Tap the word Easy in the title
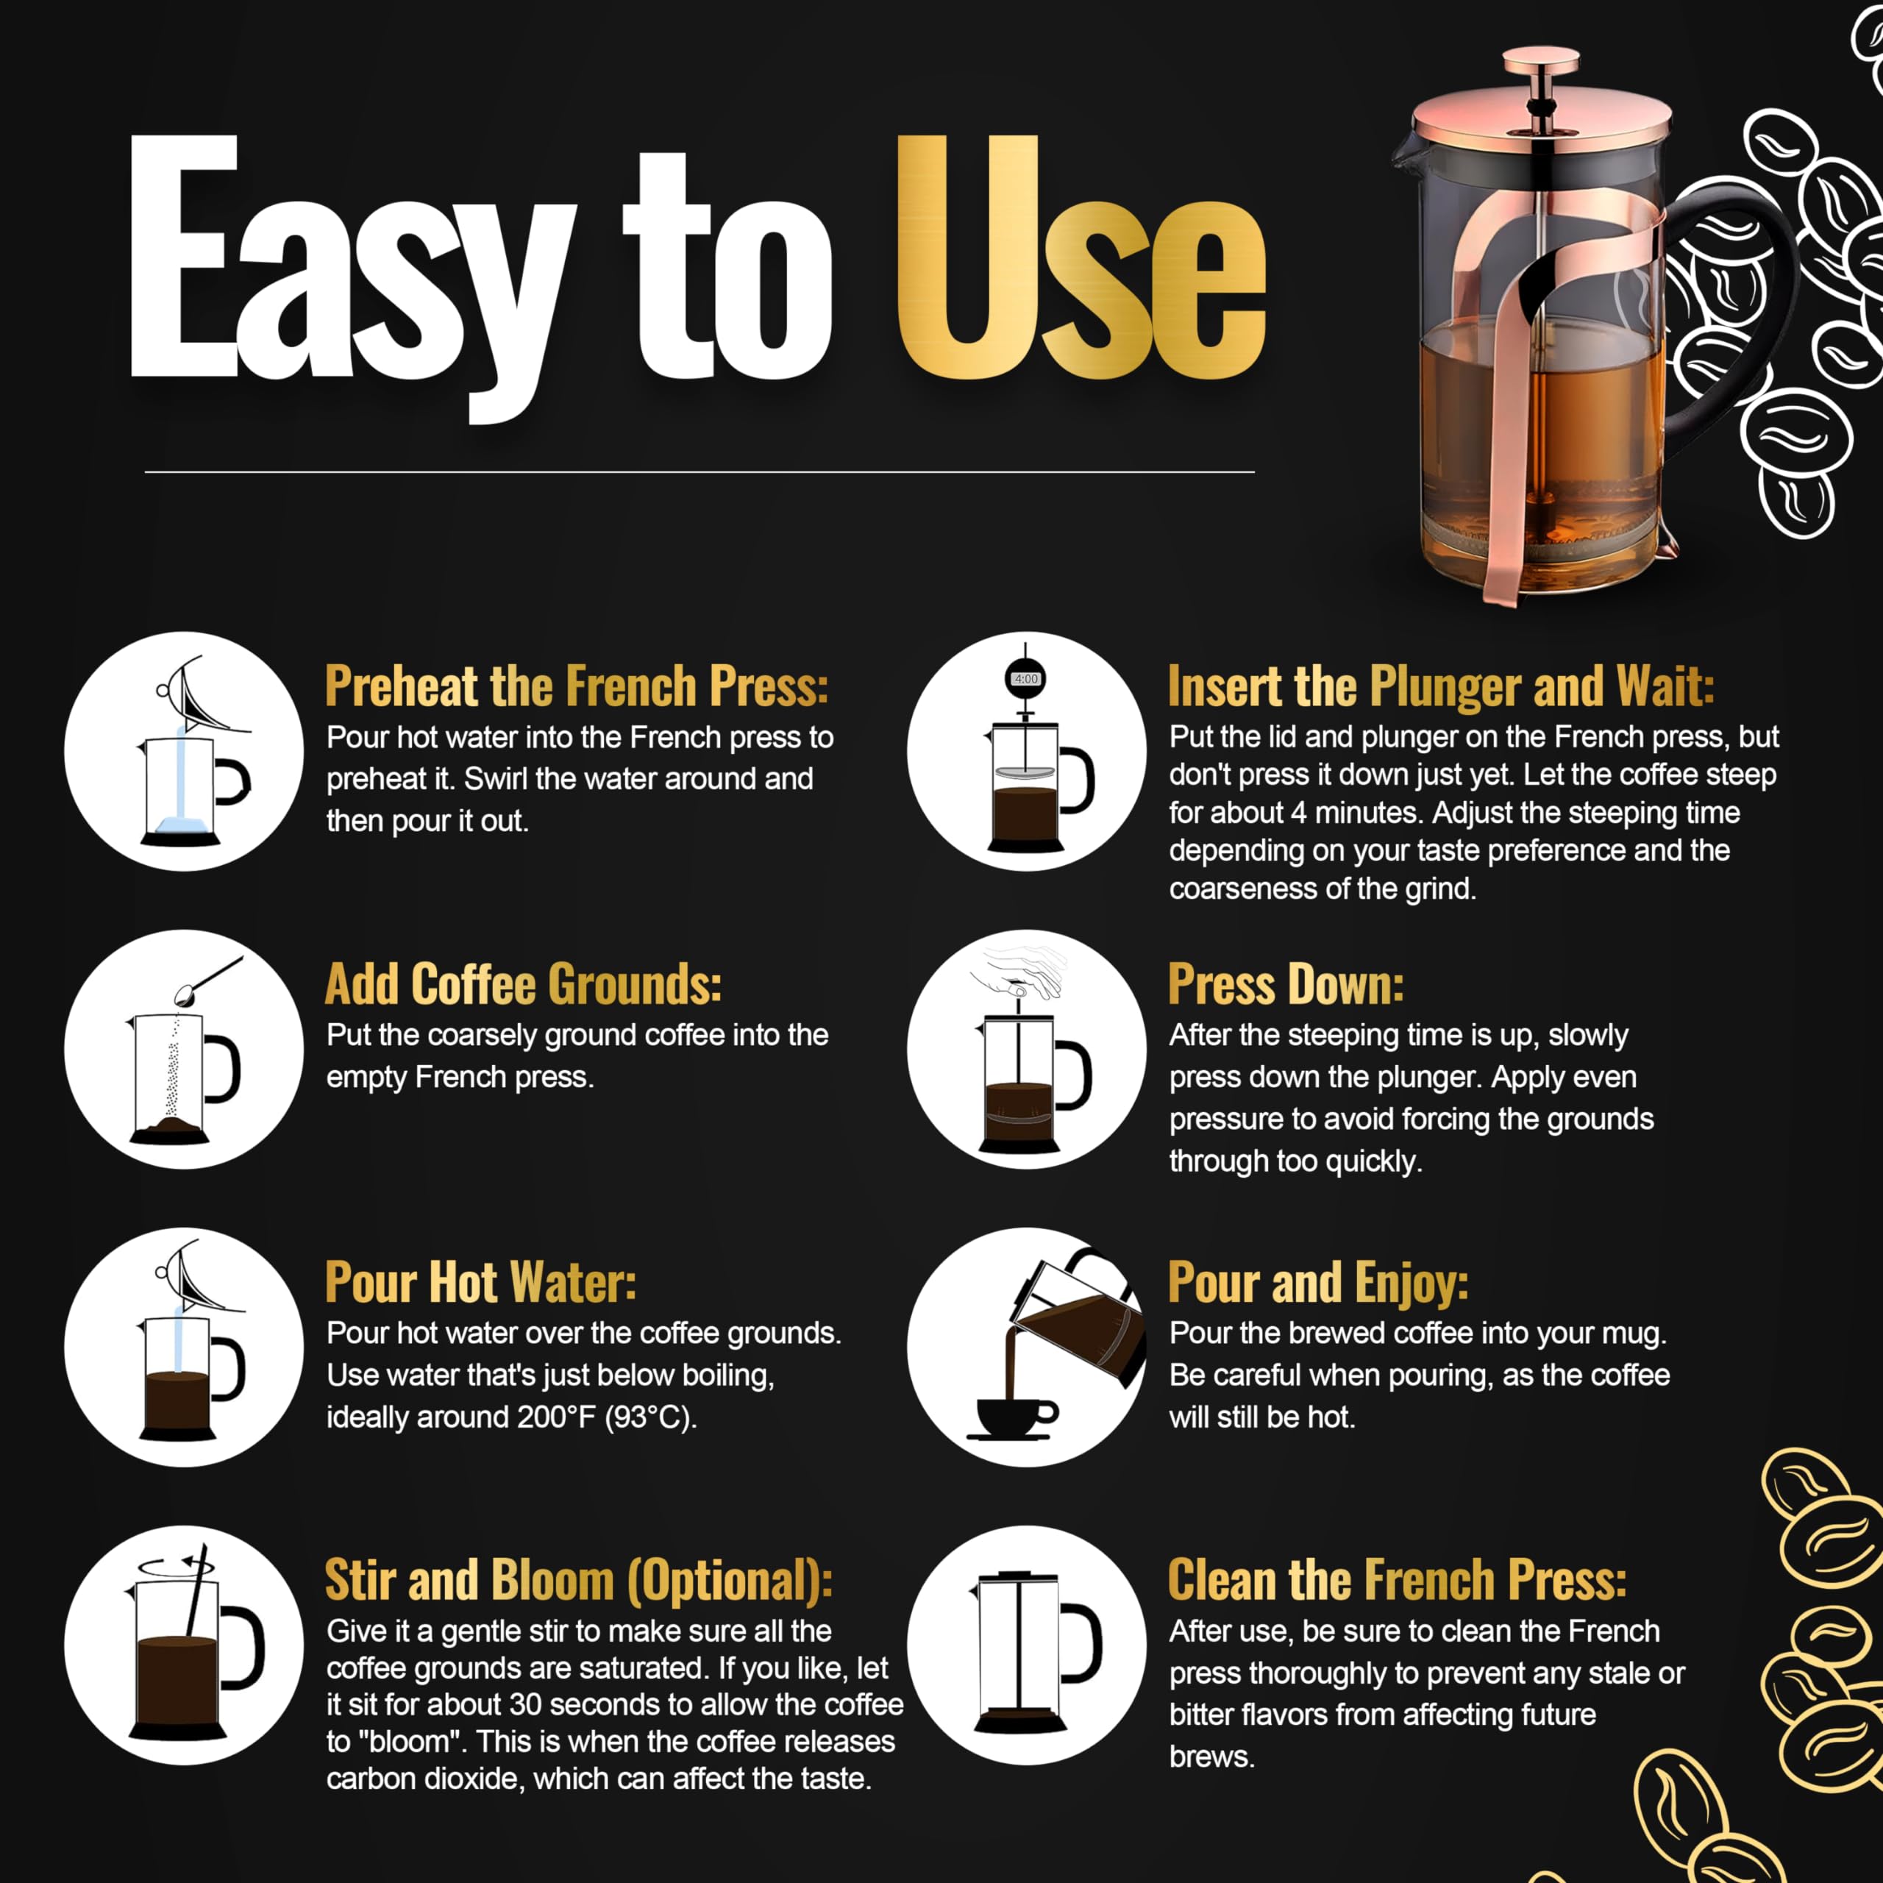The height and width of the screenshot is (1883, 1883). (x=352, y=278)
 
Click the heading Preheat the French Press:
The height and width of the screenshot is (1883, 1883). (x=577, y=686)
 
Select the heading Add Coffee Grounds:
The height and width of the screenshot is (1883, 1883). (x=524, y=984)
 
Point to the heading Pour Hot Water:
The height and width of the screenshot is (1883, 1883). (x=480, y=1283)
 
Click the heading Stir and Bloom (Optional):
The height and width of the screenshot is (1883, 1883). (x=579, y=1581)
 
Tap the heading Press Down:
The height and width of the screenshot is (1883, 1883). (x=1286, y=984)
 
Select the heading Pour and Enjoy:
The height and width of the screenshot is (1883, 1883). (x=1317, y=1283)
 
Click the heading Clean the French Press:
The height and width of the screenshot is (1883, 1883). (x=1397, y=1581)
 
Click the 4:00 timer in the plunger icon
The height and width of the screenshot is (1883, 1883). (x=1025, y=678)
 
